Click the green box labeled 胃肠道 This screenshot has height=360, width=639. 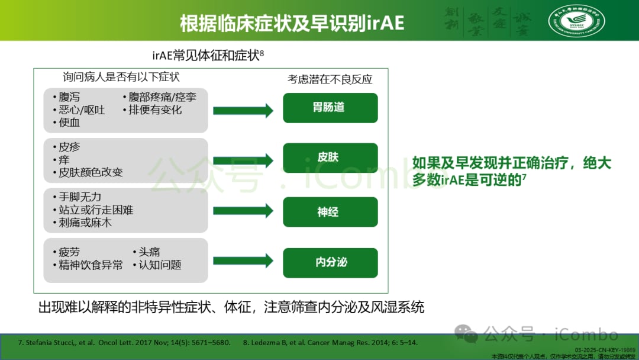click(x=330, y=108)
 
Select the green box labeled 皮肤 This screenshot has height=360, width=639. click(x=330, y=158)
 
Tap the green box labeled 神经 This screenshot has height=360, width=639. click(x=330, y=212)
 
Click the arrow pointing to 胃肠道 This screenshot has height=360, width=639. click(x=243, y=110)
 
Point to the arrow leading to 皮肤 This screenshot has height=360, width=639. click(x=243, y=160)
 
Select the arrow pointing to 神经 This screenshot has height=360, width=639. click(x=243, y=211)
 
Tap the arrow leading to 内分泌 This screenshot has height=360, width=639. click(x=243, y=261)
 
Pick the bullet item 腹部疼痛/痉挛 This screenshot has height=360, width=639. click(x=162, y=97)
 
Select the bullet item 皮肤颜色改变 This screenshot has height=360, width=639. click(x=91, y=172)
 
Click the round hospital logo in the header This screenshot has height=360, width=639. click(x=576, y=21)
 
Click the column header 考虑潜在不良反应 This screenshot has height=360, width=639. click(x=330, y=79)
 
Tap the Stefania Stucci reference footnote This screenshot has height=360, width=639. click(x=118, y=342)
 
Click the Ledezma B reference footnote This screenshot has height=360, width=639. click(x=331, y=342)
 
